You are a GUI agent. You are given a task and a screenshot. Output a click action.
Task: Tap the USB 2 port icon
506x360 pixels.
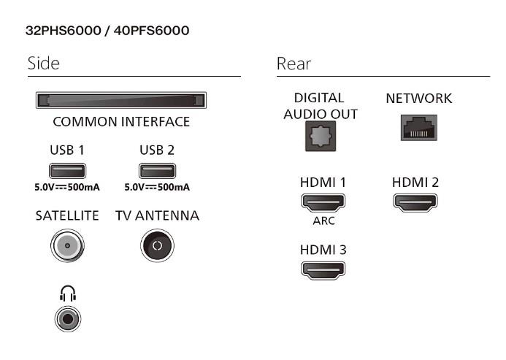(157, 171)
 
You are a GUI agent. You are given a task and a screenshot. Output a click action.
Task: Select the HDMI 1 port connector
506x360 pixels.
(323, 202)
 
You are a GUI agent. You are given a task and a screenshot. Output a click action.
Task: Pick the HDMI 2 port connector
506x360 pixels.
(415, 202)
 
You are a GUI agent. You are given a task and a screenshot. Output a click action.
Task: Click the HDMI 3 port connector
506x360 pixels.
(323, 269)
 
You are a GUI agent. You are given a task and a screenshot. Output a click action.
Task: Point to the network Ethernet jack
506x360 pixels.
(418, 130)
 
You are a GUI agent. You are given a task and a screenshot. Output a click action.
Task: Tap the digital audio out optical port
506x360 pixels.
(321, 136)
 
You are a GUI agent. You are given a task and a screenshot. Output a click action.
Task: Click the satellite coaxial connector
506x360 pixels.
(67, 246)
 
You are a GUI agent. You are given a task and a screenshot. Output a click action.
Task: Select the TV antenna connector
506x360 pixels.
(156, 246)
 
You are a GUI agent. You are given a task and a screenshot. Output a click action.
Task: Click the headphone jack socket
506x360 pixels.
(68, 318)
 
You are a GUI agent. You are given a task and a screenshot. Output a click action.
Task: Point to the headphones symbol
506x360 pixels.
(68, 294)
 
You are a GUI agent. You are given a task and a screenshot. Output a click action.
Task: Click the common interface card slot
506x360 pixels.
(121, 101)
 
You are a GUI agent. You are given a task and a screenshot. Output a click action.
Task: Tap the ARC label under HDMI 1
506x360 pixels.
(323, 222)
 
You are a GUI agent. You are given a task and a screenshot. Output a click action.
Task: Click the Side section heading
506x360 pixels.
(43, 64)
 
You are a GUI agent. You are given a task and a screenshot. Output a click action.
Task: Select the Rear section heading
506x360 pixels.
(294, 64)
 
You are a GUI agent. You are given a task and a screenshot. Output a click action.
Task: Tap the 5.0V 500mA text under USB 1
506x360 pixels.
(67, 187)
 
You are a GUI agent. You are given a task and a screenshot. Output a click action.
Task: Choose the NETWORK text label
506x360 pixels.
(418, 98)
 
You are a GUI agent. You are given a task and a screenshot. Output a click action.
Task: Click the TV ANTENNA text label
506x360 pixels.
(157, 215)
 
